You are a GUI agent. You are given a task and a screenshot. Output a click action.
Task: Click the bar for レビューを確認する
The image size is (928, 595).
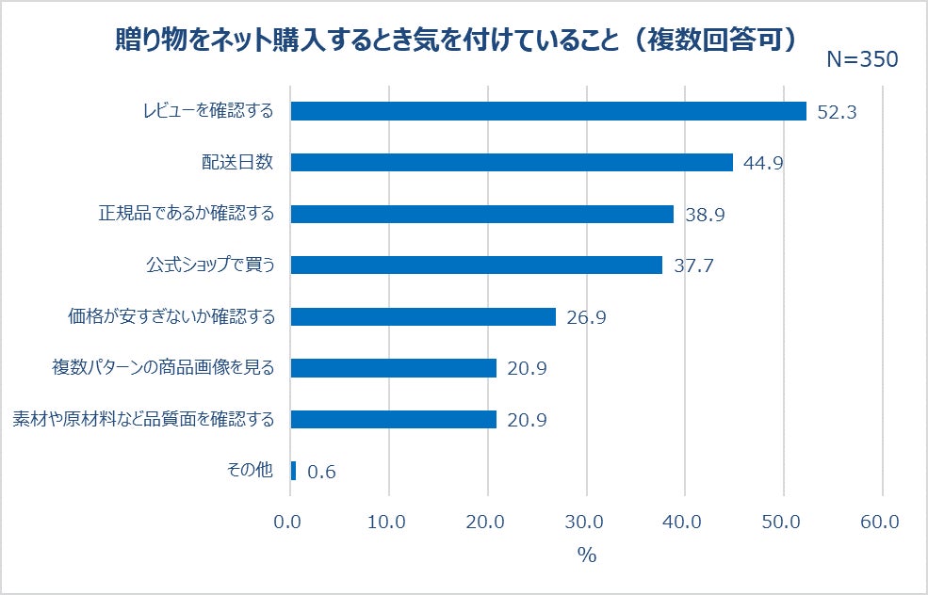548,111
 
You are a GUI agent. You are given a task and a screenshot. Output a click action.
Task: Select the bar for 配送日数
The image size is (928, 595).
512,162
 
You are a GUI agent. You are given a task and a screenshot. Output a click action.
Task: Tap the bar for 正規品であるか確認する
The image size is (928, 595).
481,214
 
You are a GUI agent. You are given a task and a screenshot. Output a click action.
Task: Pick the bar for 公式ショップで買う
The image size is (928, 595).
476,265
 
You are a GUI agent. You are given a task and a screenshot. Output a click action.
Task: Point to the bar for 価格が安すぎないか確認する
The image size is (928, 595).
423,316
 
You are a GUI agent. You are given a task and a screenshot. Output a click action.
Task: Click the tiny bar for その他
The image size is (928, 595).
293,470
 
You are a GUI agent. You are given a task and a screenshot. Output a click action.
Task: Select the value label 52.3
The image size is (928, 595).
837,112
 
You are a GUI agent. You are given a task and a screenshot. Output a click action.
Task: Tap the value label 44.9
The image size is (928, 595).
763,163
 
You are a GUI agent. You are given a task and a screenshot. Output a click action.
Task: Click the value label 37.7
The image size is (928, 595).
693,265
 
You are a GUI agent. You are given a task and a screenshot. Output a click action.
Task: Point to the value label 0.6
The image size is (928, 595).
321,472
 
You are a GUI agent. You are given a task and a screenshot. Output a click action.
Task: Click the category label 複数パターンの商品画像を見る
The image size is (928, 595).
162,367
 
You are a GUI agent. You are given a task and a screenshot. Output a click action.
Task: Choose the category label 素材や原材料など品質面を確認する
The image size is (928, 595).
142,419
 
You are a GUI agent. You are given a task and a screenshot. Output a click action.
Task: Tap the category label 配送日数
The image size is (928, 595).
237,162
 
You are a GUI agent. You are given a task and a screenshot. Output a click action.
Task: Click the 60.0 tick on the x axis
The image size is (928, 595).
880,522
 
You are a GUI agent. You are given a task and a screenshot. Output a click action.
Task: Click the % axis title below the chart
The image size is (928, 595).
587,555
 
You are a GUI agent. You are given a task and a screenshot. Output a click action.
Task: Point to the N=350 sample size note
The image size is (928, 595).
862,59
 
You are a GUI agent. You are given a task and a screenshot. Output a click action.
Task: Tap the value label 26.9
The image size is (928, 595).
585,317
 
